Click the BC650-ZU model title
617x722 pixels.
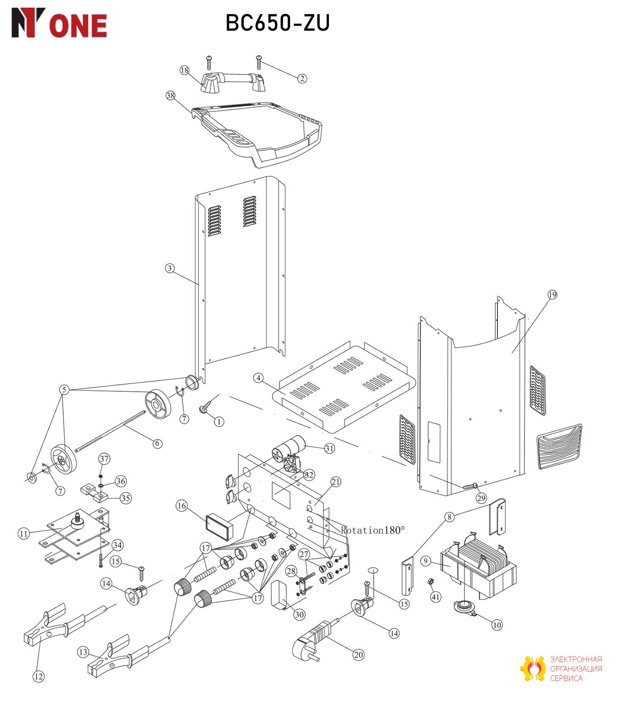pos(278,23)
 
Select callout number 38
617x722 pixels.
pos(170,96)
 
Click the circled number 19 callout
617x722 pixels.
pos(552,295)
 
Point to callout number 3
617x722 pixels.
pos(170,268)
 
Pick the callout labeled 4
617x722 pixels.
pos(258,378)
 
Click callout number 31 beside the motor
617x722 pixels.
pos(330,448)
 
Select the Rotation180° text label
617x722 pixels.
pos(373,530)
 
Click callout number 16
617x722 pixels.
pos(181,506)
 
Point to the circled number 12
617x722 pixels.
pos(39,676)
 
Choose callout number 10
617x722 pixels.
pos(496,625)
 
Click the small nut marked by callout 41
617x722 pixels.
pos(431,581)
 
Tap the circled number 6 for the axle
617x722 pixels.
pos(157,444)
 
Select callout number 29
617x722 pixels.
pos(481,498)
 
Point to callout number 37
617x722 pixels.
pos(104,459)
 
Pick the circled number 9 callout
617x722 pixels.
pos(426,561)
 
